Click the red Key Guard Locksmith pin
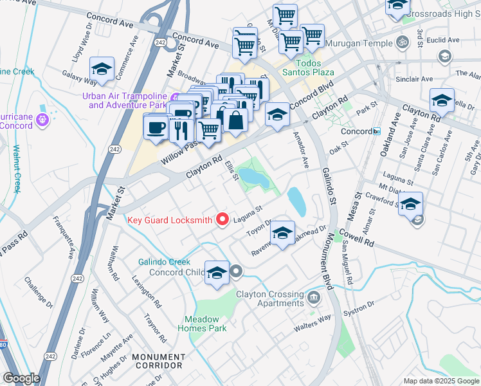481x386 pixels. tap(223, 219)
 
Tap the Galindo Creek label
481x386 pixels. tap(165, 262)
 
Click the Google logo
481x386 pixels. tap(21, 378)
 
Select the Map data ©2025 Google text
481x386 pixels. tap(440, 381)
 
